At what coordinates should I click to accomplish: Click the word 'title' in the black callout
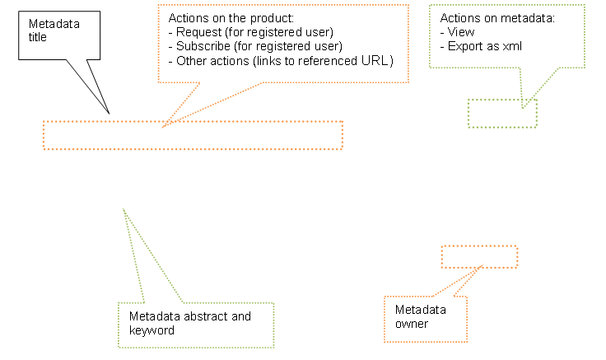(38, 37)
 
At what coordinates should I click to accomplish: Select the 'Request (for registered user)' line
(251, 32)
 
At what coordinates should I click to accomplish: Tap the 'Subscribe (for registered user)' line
(255, 46)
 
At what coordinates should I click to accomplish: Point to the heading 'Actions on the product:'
(231, 18)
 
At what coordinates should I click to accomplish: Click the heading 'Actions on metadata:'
(497, 18)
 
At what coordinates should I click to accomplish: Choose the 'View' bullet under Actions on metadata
(457, 32)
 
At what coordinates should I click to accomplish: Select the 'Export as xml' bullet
(481, 46)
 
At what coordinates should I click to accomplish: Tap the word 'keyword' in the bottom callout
(151, 330)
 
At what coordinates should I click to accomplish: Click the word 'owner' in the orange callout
(411, 324)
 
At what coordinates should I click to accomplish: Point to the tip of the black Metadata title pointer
(109, 114)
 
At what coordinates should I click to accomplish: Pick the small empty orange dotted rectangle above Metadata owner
(479, 246)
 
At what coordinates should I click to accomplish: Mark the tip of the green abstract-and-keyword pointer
(124, 209)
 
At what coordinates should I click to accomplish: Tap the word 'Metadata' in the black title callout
(54, 24)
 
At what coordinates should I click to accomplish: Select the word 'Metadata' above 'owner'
(421, 310)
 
